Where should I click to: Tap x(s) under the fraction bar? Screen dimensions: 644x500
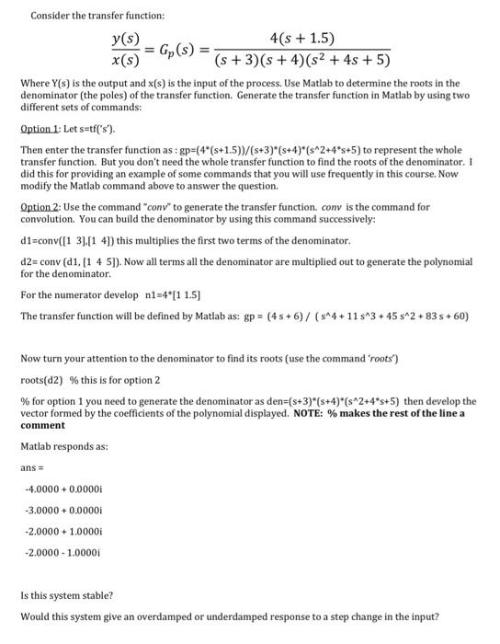coord(125,61)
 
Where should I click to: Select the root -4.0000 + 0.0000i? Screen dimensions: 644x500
coord(61,477)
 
